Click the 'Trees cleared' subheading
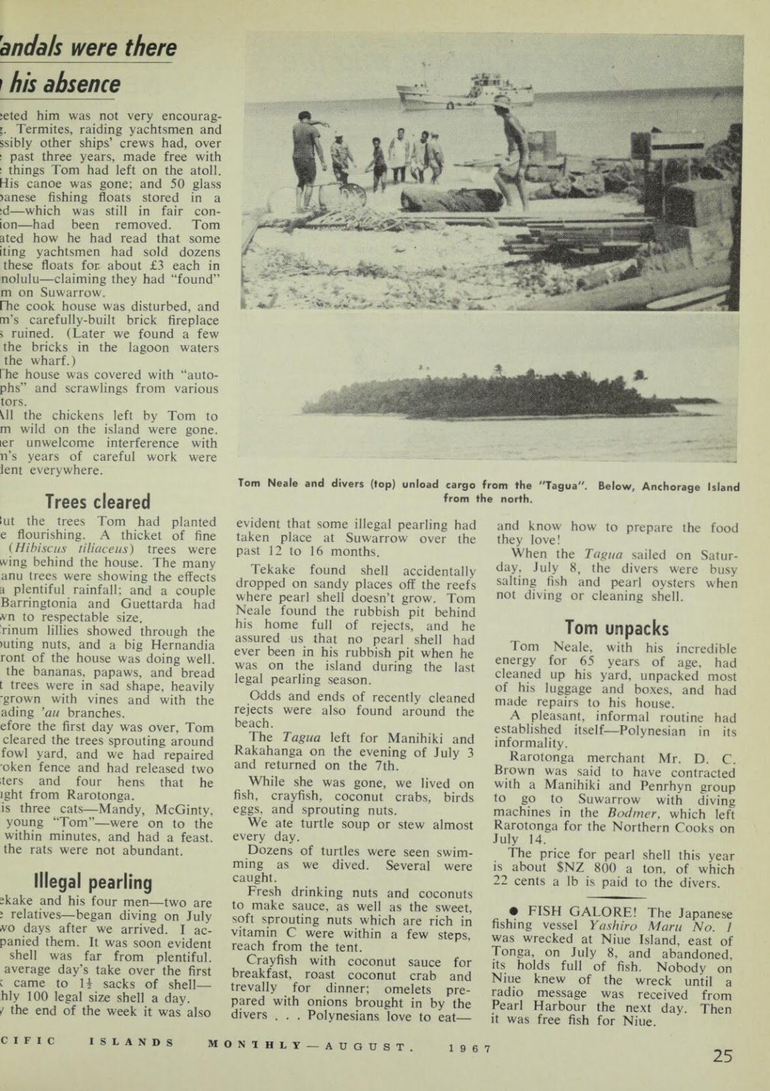98,502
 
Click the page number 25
723,1056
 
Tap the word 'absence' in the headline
83,84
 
